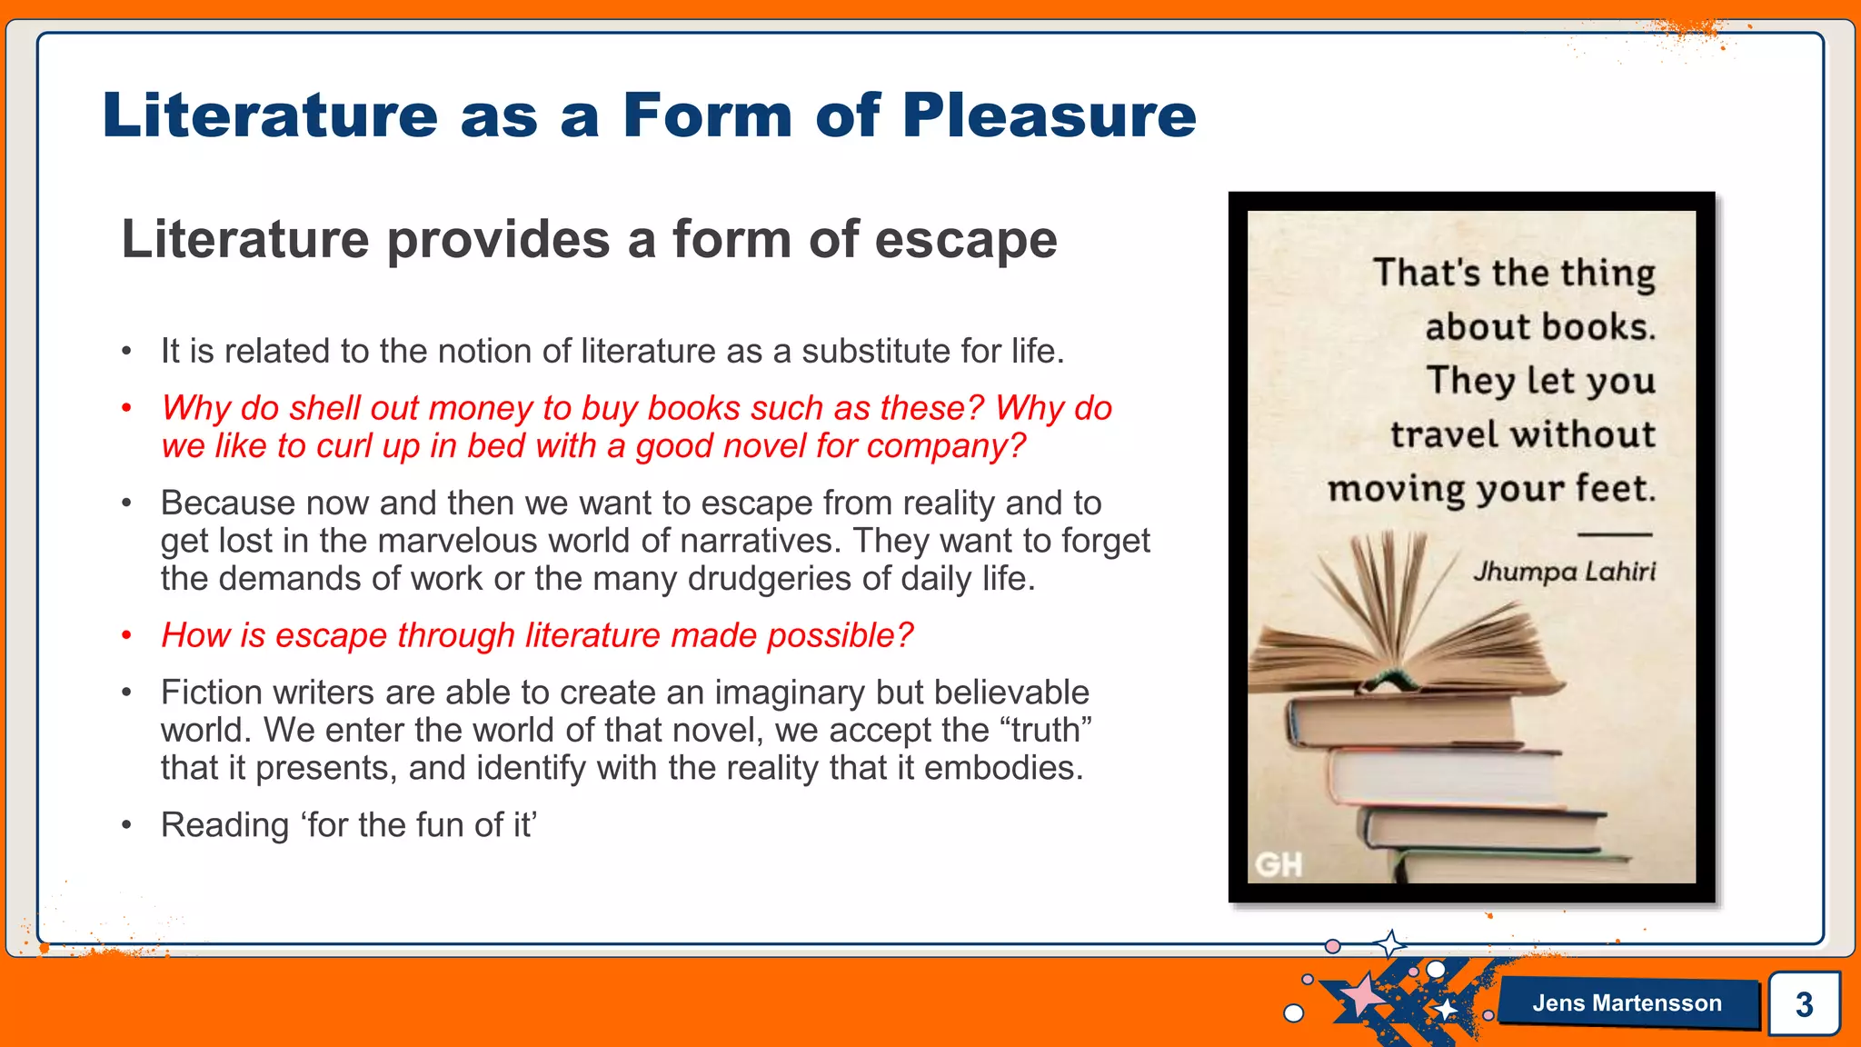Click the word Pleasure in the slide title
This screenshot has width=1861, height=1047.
click(x=1050, y=115)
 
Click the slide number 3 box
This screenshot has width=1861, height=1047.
click(x=1804, y=1004)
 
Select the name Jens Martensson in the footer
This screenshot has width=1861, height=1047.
click(x=1627, y=1003)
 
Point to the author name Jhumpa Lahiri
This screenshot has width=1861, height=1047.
click(x=1564, y=572)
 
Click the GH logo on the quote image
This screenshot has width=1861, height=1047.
click(x=1279, y=864)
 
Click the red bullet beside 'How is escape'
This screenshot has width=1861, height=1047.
click(x=127, y=635)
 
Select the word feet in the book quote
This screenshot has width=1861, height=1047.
click(x=1615, y=489)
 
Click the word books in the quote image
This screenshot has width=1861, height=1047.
click(x=1597, y=327)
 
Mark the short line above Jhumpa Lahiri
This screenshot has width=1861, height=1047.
click(x=1614, y=534)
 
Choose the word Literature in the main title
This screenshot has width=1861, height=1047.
click(x=271, y=115)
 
